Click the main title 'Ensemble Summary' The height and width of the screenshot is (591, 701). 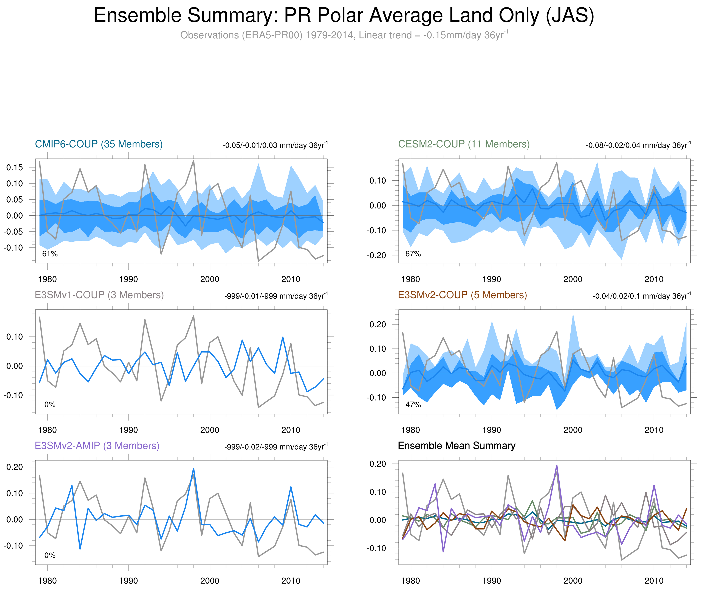pyautogui.click(x=344, y=16)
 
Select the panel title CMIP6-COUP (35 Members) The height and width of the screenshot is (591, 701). pyautogui.click(x=99, y=144)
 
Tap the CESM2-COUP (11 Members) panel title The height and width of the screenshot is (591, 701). pyautogui.click(x=464, y=144)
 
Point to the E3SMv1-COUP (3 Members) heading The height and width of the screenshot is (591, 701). pyautogui.click(x=99, y=295)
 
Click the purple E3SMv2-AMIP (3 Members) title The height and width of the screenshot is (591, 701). pyautogui.click(x=97, y=446)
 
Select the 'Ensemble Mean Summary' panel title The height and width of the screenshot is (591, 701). pyautogui.click(x=457, y=446)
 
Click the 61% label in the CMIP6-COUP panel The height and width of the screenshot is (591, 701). pyautogui.click(x=50, y=254)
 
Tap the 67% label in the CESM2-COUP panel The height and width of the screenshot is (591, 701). pyautogui.click(x=413, y=254)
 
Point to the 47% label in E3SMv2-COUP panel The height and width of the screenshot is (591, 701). pyautogui.click(x=413, y=405)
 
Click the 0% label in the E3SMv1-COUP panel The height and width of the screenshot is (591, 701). pyautogui.click(x=50, y=405)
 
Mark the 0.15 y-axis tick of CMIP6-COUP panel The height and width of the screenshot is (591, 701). pyautogui.click(x=15, y=167)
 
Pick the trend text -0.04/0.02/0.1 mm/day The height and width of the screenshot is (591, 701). pyautogui.click(x=641, y=296)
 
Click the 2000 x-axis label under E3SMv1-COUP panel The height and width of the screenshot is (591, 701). pyautogui.click(x=210, y=430)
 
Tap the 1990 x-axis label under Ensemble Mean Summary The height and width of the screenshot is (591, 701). pyautogui.click(x=491, y=581)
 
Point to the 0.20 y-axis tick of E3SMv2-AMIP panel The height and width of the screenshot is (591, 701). pyautogui.click(x=15, y=467)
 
